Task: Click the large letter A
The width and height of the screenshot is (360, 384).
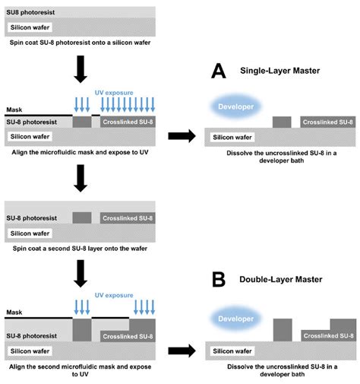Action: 219,71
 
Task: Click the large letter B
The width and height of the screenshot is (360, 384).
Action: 219,280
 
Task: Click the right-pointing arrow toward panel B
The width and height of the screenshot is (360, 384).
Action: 182,351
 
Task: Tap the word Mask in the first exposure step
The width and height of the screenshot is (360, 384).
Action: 14,109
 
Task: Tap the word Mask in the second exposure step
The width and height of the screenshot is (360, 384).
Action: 14,312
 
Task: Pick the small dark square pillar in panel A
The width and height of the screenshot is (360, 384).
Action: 282,122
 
